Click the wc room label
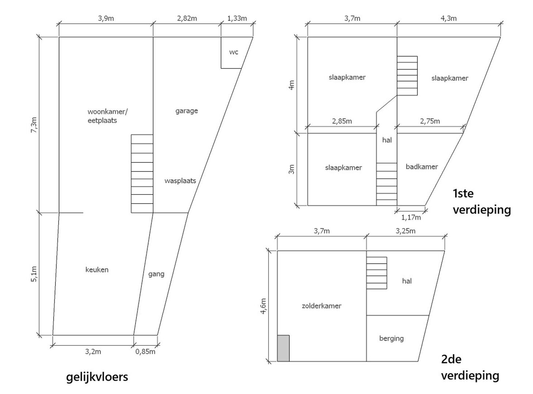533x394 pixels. coord(233,52)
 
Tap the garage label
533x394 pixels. coord(186,111)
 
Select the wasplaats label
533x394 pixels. coord(180,181)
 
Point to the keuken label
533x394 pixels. coord(97,270)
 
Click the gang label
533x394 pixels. coord(156,274)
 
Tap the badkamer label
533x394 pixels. coord(422,166)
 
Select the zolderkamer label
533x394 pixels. coord(321,306)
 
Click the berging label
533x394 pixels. coord(392,339)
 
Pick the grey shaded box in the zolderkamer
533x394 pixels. coord(283,348)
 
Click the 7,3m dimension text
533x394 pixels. coord(34,125)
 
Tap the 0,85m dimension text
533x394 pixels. coord(145,352)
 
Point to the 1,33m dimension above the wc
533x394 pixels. coord(237,18)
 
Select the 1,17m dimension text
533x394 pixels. coord(411,217)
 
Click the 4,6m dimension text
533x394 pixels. coord(263,306)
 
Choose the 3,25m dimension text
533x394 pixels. coord(406,231)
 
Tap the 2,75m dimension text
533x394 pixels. coord(430,121)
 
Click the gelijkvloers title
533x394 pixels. coord(97,377)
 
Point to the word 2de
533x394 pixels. coord(451,359)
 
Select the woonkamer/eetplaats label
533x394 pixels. coord(107,116)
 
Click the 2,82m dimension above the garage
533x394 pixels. coord(187,18)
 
